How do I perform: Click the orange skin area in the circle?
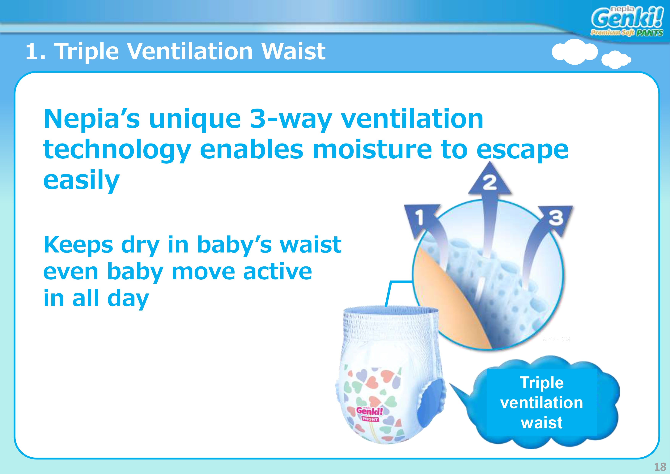tap(443, 295)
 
